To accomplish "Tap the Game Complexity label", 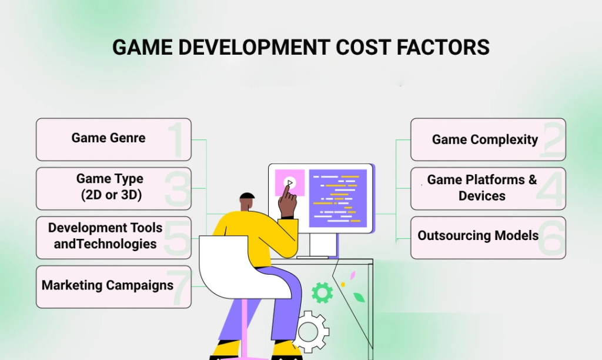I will click(485, 140).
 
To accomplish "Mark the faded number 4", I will click(551, 189).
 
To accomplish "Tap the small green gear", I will click(322, 292).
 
